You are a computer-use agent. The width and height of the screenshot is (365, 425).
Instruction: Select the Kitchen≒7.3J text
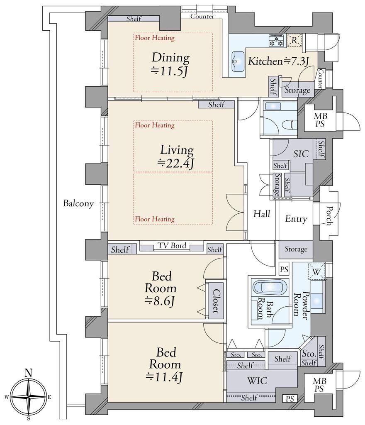coord(279,61)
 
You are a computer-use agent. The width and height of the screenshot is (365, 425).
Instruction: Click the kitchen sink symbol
coord(238,61)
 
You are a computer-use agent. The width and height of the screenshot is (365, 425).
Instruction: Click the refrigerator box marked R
coord(294,40)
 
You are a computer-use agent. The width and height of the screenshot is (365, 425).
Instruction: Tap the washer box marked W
coord(316,271)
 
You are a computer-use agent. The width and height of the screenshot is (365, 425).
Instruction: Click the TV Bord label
coord(172,246)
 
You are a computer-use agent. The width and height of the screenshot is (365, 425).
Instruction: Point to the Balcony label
coord(78,203)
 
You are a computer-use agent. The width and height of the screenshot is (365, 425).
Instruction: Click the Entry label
coord(296,219)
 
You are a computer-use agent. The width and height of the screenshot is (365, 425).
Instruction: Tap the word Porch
coord(329,216)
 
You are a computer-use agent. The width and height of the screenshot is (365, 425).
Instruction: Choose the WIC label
coord(257,381)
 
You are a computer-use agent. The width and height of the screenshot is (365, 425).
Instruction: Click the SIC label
coord(301,154)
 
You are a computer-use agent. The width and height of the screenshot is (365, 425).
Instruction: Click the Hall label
coord(262,214)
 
